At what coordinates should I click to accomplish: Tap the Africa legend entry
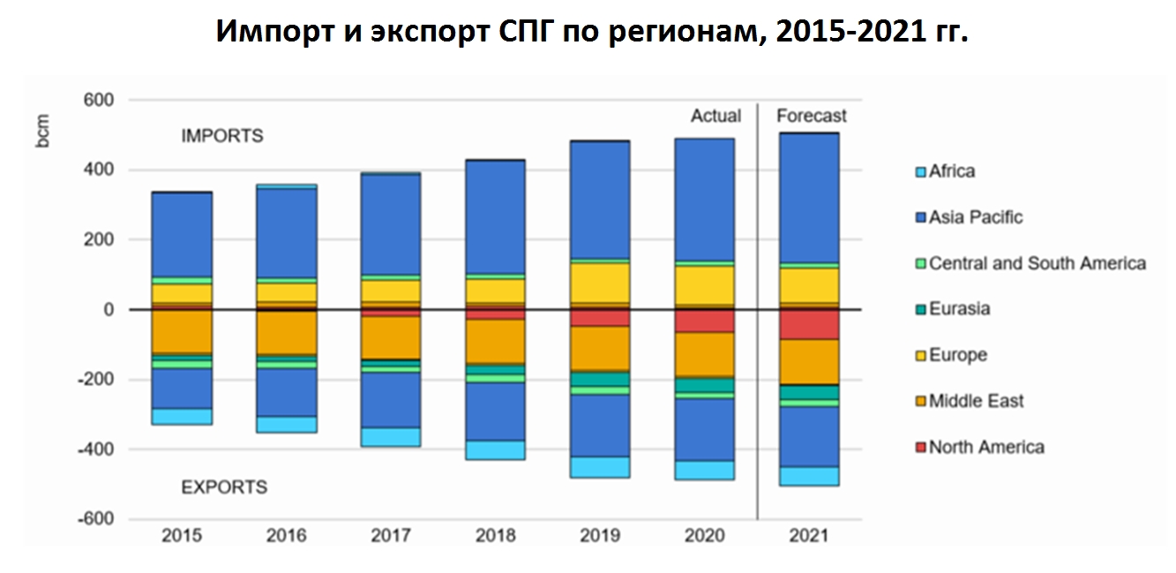951,171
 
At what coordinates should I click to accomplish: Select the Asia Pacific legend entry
975,217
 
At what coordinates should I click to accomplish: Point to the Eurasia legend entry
959,309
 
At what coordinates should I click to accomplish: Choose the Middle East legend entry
976,401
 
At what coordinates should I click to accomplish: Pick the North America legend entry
985,447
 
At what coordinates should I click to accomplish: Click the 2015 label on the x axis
182,536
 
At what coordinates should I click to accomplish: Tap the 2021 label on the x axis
809,536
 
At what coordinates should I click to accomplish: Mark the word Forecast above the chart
811,116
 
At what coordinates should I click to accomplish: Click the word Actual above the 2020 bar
715,116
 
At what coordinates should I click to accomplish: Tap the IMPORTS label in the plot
222,137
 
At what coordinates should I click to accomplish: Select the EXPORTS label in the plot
224,487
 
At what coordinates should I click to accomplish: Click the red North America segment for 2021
809,324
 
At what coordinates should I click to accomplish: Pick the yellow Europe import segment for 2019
600,283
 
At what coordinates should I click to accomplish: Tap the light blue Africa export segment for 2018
496,449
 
